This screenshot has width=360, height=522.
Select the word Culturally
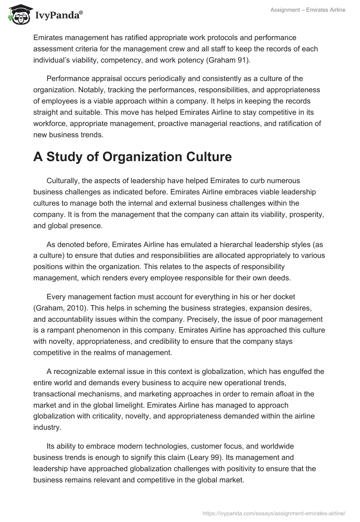65,180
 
